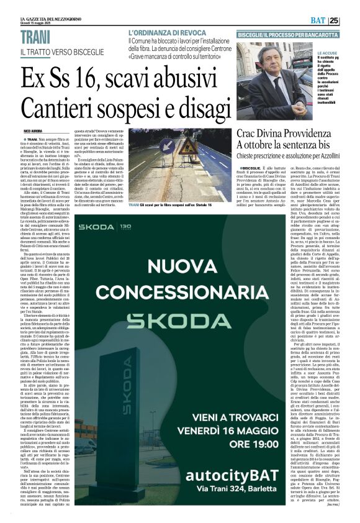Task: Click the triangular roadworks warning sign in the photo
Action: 189,147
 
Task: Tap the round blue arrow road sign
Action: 166,145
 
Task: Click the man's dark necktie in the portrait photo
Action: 277,86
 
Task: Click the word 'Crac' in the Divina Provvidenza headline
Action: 249,132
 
